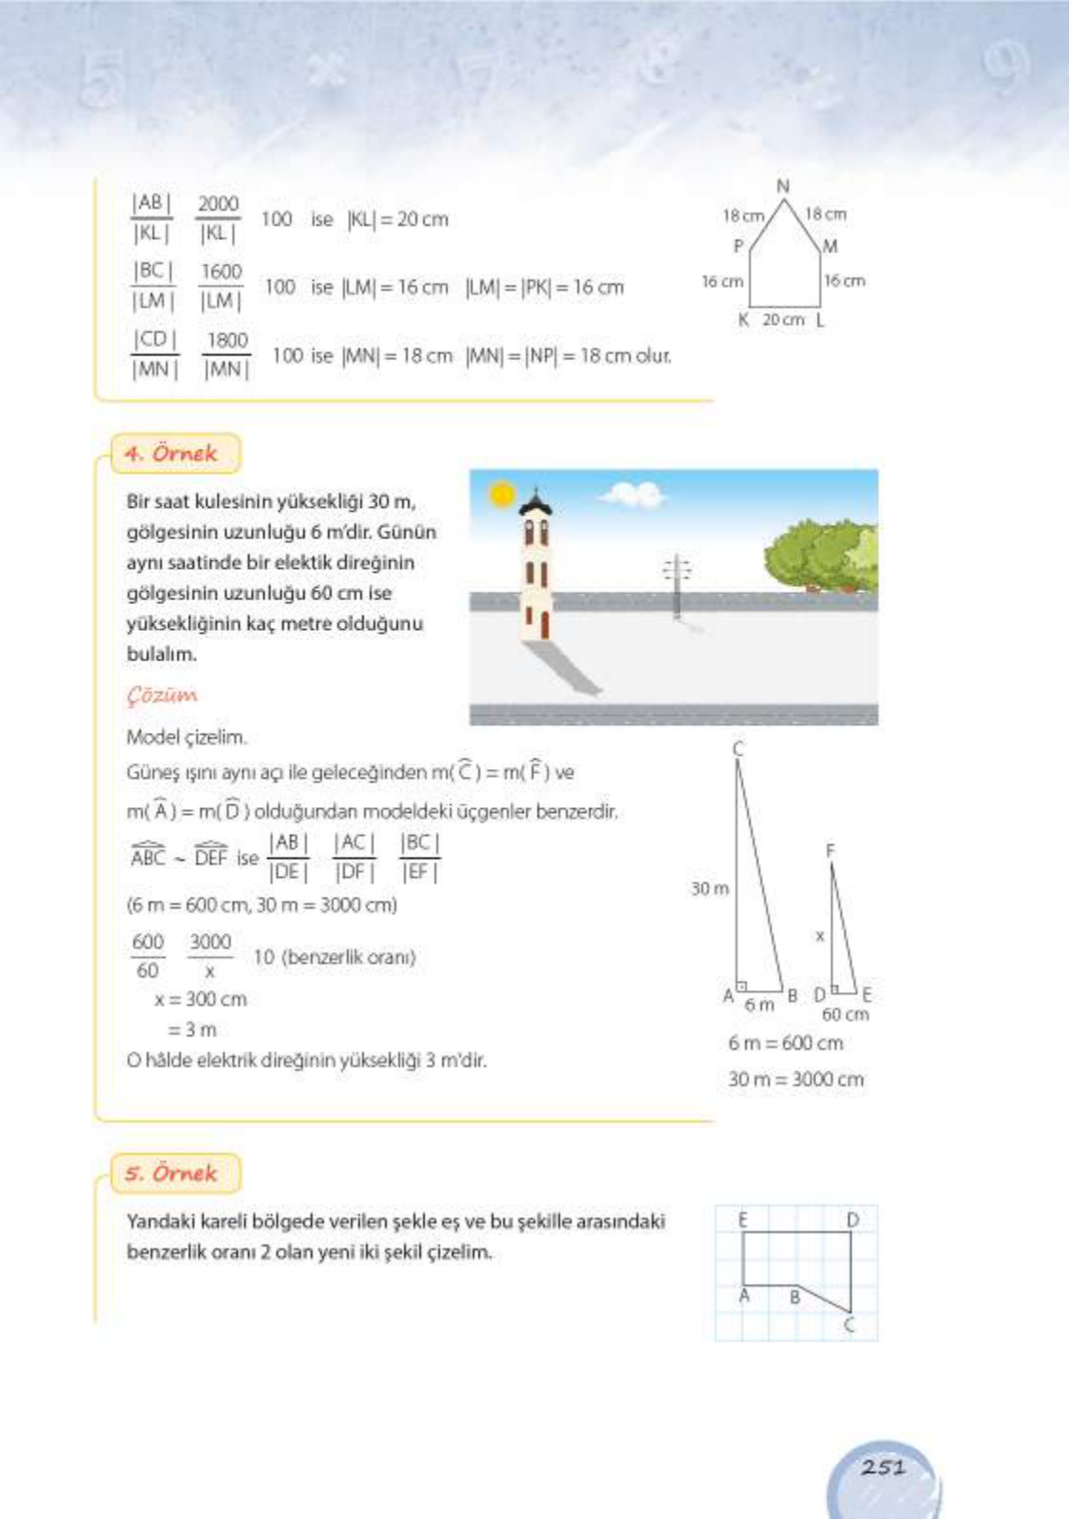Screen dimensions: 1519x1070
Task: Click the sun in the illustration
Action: point(501,495)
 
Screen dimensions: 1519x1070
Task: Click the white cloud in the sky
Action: point(634,494)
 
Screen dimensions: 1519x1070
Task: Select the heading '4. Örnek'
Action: point(172,454)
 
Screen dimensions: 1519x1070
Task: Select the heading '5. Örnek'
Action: point(172,1173)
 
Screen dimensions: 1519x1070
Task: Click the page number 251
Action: point(882,1468)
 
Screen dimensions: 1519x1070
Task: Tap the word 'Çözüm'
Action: point(162,697)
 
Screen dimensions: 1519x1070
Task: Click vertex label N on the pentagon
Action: point(783,186)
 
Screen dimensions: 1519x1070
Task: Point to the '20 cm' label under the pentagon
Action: point(783,320)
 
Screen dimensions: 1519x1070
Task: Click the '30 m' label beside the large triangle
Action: point(710,888)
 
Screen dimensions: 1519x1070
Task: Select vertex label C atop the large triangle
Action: point(738,749)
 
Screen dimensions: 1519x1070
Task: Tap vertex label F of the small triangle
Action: point(830,850)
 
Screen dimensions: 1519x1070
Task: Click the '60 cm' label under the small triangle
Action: point(845,1015)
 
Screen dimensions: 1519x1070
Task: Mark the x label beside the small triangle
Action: point(819,937)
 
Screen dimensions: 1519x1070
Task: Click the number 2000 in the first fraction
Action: point(218,204)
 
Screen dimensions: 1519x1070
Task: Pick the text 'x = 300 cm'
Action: point(200,1000)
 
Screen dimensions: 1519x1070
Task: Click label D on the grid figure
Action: point(853,1220)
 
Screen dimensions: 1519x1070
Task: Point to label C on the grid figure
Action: point(850,1325)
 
